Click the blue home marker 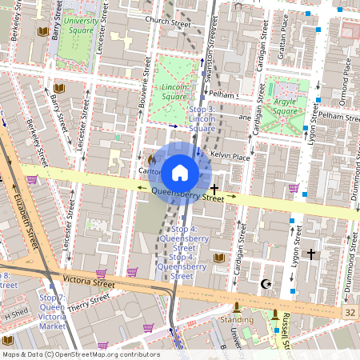180,172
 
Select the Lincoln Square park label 174,91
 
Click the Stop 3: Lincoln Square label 202,118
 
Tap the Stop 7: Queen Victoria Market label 52,311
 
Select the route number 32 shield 350,311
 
